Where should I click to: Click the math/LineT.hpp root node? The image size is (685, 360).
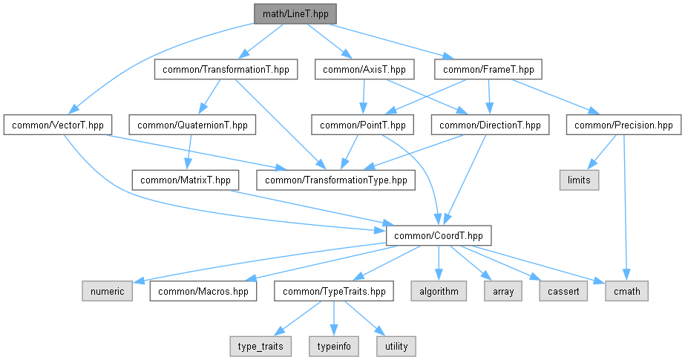click(295, 14)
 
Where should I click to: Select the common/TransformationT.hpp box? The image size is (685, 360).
click(226, 70)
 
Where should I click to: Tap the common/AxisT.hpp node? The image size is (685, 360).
click(364, 70)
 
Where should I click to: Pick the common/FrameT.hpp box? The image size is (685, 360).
click(488, 70)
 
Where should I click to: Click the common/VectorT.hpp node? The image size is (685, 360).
click(58, 125)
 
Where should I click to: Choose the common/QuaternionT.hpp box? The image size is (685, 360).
click(192, 125)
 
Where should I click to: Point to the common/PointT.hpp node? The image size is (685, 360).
click(363, 125)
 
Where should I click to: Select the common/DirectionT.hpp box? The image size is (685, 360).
click(490, 125)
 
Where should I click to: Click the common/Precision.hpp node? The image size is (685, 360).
click(623, 125)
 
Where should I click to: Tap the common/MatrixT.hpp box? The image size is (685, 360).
click(186, 180)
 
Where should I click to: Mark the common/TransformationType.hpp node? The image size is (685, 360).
click(336, 180)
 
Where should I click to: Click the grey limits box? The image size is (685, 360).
click(580, 180)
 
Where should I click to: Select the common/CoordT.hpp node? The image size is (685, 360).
click(439, 236)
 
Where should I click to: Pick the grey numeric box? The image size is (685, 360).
click(108, 291)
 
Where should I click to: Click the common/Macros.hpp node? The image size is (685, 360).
click(203, 291)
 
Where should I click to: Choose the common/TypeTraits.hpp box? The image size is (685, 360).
click(334, 291)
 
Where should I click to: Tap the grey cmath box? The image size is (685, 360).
click(627, 291)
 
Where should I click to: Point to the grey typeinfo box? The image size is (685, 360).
click(334, 347)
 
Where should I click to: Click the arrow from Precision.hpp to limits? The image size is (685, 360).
click(602, 152)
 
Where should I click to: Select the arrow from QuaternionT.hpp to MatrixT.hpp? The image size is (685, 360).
click(189, 152)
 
